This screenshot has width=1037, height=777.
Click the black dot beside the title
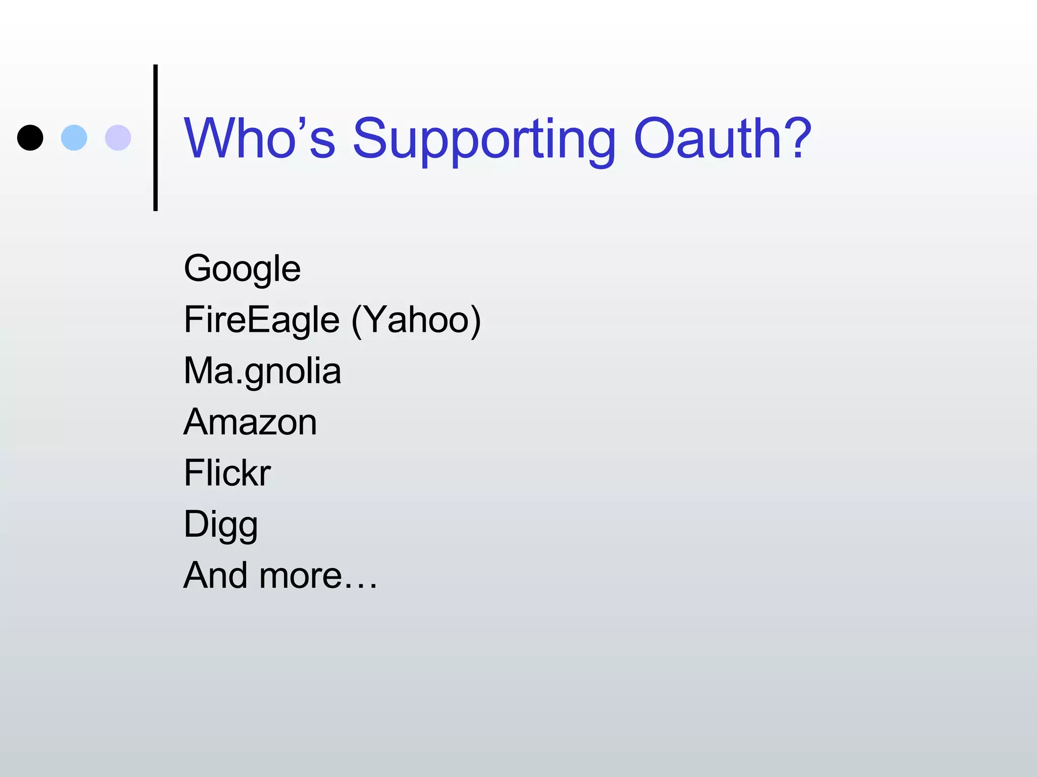pos(30,138)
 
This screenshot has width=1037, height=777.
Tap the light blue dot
pos(74,138)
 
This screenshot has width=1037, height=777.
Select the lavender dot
pos(118,138)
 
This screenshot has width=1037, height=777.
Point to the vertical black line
pos(155,138)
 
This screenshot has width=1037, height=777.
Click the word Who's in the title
pos(259,138)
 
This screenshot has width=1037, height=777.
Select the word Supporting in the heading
pos(484,139)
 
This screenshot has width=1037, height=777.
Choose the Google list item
pos(242,269)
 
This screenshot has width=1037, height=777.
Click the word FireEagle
pos(261,320)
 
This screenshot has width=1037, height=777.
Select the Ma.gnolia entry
pos(262,371)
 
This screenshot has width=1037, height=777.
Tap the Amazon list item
pos(250,422)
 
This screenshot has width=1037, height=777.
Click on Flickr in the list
pos(227,473)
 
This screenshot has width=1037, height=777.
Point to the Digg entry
pos(221,525)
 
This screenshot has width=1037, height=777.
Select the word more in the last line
pos(301,576)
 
